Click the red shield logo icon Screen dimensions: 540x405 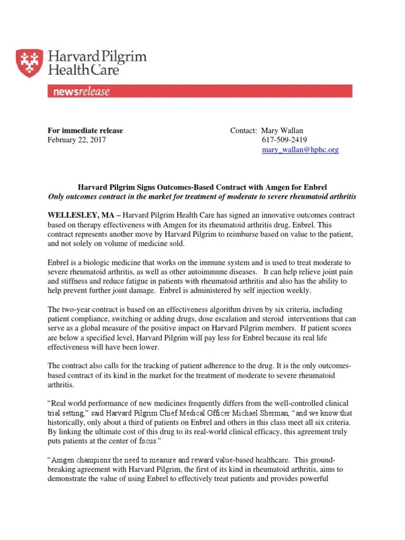pyautogui.click(x=30, y=63)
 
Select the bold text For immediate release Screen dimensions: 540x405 pyautogui.click(x=85, y=131)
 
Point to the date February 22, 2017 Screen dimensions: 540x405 pyautogui.click(x=76, y=140)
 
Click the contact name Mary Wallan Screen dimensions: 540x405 pyautogui.click(x=286, y=131)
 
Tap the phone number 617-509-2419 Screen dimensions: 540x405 pyautogui.click(x=284, y=140)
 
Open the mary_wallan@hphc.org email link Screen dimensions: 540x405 pyautogui.click(x=300, y=150)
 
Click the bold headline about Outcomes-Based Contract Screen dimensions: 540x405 pyautogui.click(x=202, y=187)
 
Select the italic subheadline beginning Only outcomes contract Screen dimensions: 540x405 pyautogui.click(x=202, y=197)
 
